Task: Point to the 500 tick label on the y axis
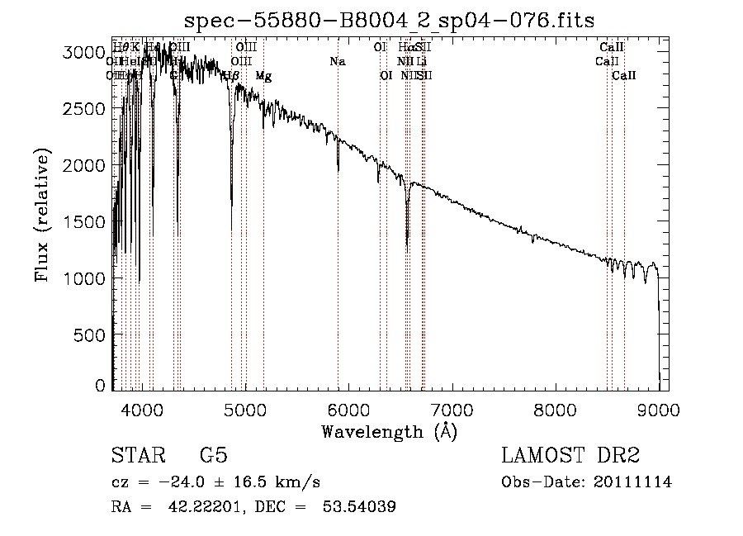(89, 334)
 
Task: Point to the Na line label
(337, 61)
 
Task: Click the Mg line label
(263, 75)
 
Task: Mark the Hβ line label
(231, 75)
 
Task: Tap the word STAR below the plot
(136, 457)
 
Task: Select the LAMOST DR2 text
(570, 457)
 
